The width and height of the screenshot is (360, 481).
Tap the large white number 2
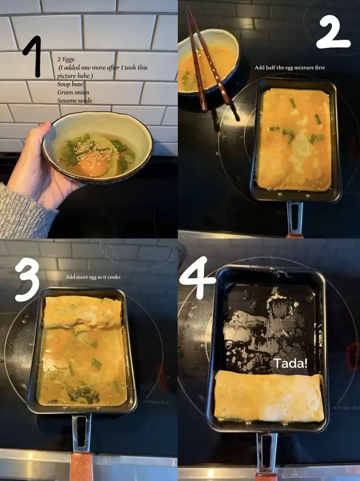tap(333, 32)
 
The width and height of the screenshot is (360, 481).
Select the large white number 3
tap(28, 279)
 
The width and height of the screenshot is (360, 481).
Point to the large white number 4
tap(197, 277)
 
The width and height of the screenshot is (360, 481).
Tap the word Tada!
tap(290, 363)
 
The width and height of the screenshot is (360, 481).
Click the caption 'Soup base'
tap(70, 84)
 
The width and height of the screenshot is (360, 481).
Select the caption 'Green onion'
tap(73, 92)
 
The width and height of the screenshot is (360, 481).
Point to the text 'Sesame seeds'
tap(74, 100)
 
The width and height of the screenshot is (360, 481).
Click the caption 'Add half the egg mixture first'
tap(290, 68)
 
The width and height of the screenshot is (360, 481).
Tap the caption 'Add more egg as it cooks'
tap(93, 277)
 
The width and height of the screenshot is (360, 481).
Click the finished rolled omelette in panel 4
tap(269, 395)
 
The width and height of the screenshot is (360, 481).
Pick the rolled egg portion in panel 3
tap(83, 313)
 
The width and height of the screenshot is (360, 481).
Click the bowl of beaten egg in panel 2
tap(209, 62)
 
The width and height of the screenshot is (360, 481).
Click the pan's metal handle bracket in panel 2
tap(294, 217)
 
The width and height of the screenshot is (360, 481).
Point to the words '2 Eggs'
tap(66, 59)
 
